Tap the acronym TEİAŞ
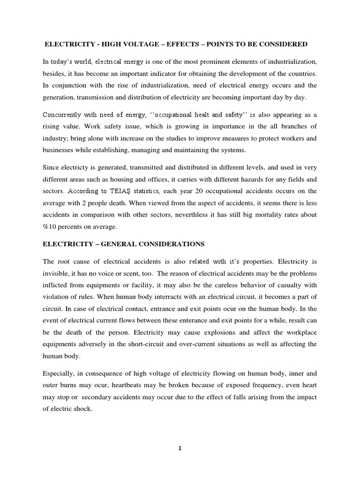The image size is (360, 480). pyautogui.click(x=124, y=191)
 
